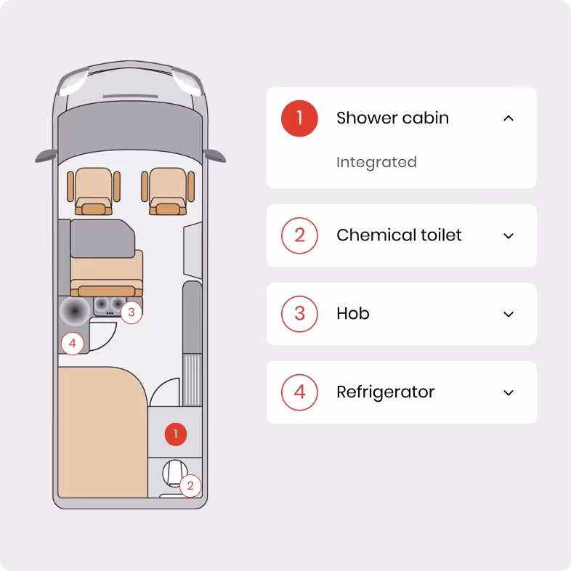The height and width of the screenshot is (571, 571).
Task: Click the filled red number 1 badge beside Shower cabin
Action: (299, 118)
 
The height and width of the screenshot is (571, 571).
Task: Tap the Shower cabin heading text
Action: (392, 118)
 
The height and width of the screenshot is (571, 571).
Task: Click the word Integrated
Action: (376, 162)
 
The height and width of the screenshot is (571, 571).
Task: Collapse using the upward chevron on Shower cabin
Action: (509, 118)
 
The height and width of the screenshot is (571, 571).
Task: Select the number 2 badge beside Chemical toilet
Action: (299, 235)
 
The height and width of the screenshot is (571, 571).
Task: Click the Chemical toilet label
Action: (399, 235)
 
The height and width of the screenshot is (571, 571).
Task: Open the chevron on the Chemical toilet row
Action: (509, 236)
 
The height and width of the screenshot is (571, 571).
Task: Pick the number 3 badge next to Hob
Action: (299, 314)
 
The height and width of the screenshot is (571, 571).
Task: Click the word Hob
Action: (353, 314)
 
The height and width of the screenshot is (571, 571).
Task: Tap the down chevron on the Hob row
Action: (509, 315)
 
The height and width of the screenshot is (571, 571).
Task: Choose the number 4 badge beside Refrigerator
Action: (299, 392)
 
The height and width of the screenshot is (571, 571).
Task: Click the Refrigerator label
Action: (386, 392)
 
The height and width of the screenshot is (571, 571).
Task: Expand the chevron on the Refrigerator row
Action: (509, 393)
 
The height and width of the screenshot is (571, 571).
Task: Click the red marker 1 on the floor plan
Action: (176, 434)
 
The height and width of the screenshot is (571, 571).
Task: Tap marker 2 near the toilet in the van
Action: (190, 486)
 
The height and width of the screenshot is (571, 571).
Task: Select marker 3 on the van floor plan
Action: (131, 312)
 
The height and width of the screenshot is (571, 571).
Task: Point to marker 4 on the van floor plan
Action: (73, 344)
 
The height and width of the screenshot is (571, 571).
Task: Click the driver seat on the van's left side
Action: (94, 191)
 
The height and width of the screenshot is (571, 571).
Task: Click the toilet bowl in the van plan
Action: (174, 473)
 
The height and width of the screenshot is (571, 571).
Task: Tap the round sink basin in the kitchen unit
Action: (75, 311)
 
